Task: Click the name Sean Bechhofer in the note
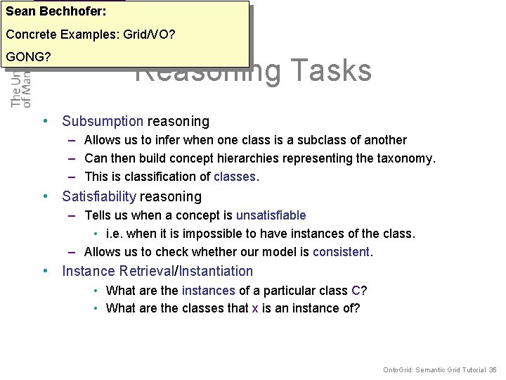click(56, 12)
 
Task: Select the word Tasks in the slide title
click(330, 71)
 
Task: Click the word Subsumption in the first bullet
click(103, 122)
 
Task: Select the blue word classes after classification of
click(235, 177)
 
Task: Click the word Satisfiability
click(99, 196)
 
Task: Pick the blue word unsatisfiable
click(271, 215)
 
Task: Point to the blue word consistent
click(341, 252)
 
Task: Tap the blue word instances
click(209, 290)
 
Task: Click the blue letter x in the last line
click(255, 308)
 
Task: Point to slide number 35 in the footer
click(493, 369)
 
